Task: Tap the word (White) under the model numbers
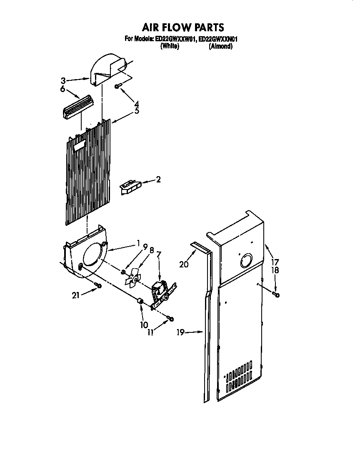[170, 46]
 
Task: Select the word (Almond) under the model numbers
[220, 46]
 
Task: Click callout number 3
[63, 80]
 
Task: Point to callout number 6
[62, 89]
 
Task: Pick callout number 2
[158, 180]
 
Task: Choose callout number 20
[184, 264]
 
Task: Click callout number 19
[180, 332]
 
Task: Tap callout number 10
[144, 324]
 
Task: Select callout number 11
[150, 332]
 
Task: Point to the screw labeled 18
[276, 295]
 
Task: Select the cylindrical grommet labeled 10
[141, 302]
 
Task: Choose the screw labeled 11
[170, 319]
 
